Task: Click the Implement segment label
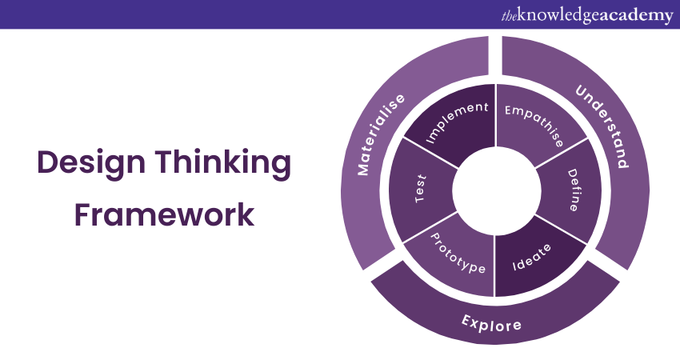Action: tap(457, 122)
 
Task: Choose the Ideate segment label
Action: tap(533, 258)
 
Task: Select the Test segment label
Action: tap(422, 189)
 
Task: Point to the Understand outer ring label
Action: tap(602, 126)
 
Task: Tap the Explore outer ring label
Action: tap(491, 322)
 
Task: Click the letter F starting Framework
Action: tap(80, 215)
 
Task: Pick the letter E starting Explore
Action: tap(466, 318)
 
